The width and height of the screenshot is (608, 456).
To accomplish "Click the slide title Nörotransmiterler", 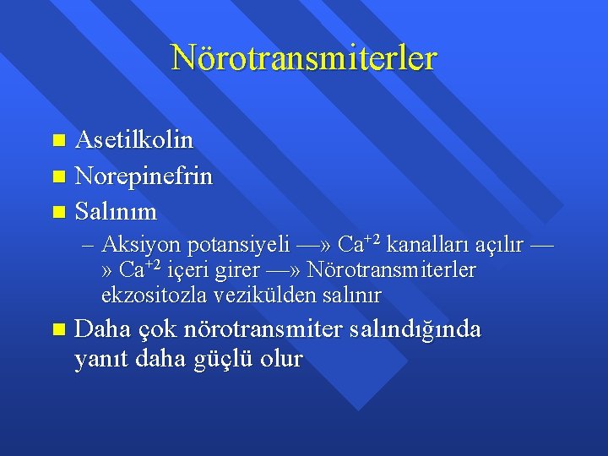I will point(304,58).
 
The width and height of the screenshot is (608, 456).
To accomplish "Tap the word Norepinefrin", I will point(144,176).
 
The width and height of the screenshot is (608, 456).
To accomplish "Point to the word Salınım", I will point(115,209).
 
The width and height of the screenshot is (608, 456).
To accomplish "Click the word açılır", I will point(500,246).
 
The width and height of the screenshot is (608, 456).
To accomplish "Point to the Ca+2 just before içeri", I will point(140,270).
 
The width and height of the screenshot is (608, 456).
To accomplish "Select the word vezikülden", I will point(258,296).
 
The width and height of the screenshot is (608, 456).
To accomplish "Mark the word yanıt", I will point(99,360).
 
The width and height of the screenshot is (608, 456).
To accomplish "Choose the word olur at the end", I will point(282,359).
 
